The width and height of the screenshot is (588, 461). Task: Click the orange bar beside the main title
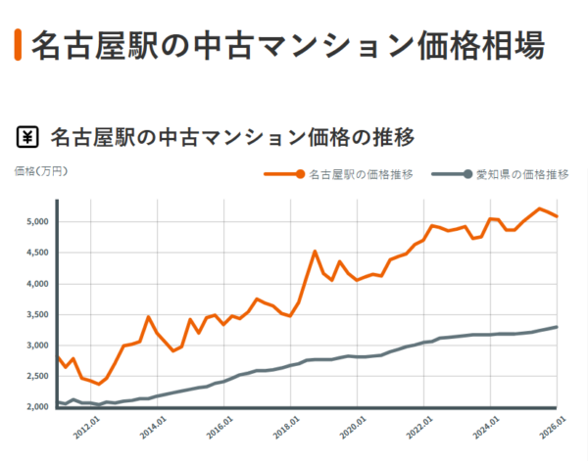coord(18,45)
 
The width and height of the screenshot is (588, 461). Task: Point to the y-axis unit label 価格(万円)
coord(41,171)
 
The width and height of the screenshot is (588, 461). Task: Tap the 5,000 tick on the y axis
coord(36,221)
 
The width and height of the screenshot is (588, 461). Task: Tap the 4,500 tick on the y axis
coord(36,253)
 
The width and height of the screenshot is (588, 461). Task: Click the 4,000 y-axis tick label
coord(36,284)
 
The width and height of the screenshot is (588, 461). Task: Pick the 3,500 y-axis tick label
coord(36,314)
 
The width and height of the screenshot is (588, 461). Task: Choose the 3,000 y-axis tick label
coord(36,346)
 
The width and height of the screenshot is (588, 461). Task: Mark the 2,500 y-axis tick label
coord(36,376)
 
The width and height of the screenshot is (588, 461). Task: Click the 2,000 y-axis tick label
coord(36,407)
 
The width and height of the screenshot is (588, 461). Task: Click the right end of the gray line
coord(557,327)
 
